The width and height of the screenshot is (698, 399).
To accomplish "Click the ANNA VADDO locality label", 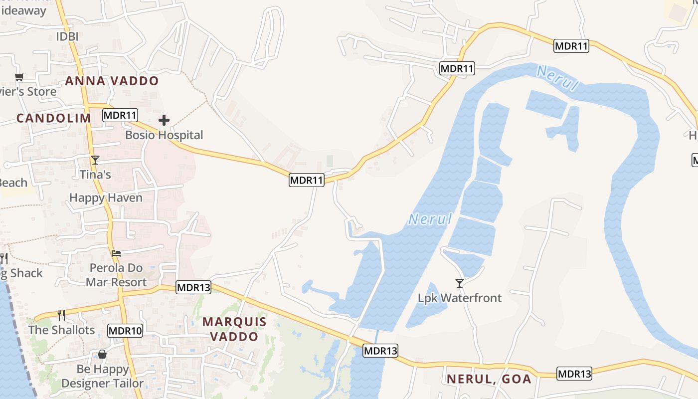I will (x=112, y=81).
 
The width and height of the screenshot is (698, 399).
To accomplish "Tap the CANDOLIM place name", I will (x=54, y=118).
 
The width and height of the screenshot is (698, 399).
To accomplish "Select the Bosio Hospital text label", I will (x=164, y=135).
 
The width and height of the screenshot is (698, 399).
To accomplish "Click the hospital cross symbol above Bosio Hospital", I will (x=164, y=120).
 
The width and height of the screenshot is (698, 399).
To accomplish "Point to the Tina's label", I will (x=95, y=175).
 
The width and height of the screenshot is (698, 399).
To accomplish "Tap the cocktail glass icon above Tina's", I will (x=95, y=160).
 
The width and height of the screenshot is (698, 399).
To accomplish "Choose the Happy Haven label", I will (x=106, y=198).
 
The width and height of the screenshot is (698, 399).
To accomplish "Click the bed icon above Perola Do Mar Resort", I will (x=116, y=253).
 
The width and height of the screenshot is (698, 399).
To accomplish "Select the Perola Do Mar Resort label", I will (x=116, y=275).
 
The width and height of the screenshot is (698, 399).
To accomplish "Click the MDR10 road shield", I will (x=125, y=330).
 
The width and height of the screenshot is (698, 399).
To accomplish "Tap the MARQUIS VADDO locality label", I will (x=234, y=329).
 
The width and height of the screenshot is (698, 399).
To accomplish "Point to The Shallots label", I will (x=61, y=330).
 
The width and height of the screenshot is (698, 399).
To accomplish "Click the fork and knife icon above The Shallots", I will (x=61, y=315).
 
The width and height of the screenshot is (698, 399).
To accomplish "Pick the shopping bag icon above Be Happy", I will (x=102, y=354).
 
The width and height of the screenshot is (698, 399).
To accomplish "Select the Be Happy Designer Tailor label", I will (x=103, y=377).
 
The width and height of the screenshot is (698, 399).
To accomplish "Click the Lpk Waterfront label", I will (x=460, y=298).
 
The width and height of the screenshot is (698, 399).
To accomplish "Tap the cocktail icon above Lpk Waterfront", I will (x=460, y=283).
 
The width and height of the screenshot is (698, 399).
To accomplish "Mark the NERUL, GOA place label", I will (x=489, y=379).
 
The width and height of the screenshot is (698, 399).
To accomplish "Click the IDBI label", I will (x=67, y=36).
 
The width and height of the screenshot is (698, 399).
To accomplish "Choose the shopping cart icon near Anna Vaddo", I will (x=19, y=77).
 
